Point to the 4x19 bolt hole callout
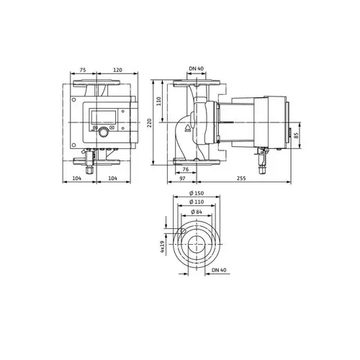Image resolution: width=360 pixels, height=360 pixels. [163, 249]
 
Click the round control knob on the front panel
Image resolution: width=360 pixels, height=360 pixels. [102, 132]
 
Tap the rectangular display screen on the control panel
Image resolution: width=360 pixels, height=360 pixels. [102, 117]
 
